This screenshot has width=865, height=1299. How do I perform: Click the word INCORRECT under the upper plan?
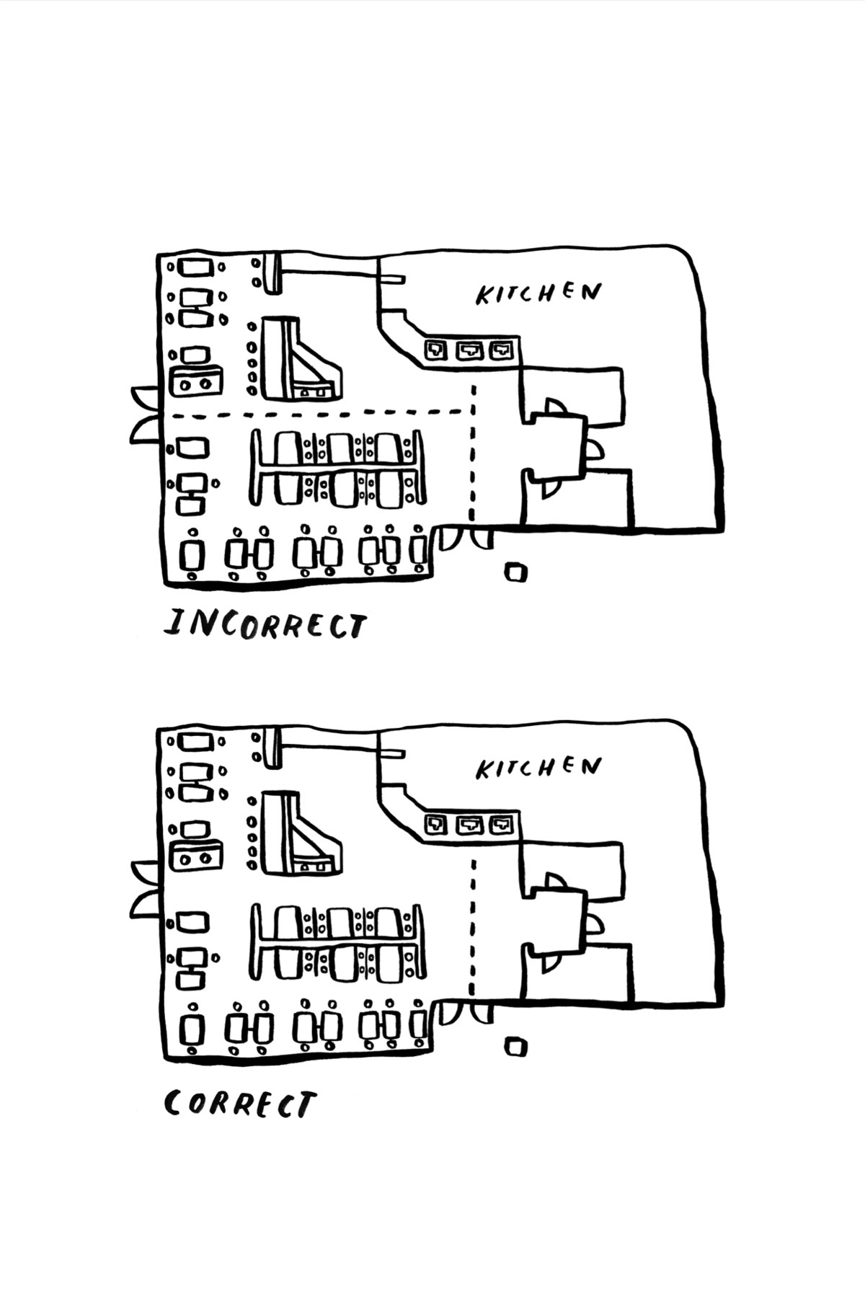click(x=265, y=624)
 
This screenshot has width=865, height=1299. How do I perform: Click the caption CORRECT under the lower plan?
click(x=240, y=1104)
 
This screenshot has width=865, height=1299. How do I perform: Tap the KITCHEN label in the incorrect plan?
click(x=538, y=293)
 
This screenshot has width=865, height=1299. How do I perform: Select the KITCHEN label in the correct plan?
click(x=538, y=767)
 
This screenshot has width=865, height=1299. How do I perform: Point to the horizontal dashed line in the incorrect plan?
click(x=317, y=414)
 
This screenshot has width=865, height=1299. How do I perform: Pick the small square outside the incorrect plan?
click(x=516, y=572)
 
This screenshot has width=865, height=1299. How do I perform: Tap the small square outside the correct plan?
click(x=516, y=1046)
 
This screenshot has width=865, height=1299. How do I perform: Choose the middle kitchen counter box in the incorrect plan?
click(x=468, y=351)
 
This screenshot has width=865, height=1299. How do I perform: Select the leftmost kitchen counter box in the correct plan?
click(x=435, y=824)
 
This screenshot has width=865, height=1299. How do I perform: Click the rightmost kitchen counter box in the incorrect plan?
click(x=500, y=351)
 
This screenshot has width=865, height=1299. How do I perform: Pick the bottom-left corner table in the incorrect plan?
click(x=191, y=556)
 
